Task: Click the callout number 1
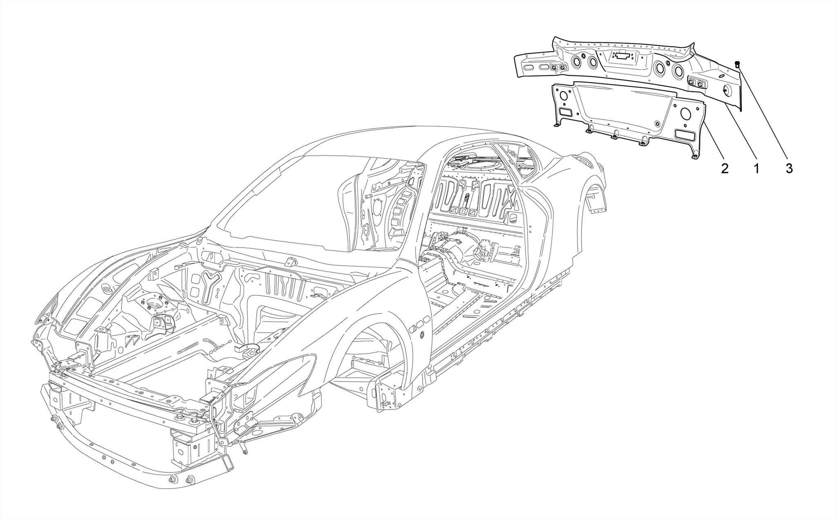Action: point(756,168)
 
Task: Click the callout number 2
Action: point(725,168)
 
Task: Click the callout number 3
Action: point(789,168)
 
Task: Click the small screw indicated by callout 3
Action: point(737,64)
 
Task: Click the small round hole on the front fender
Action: point(422,335)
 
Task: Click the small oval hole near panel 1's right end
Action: point(721,77)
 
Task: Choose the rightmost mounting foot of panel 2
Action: point(695,155)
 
